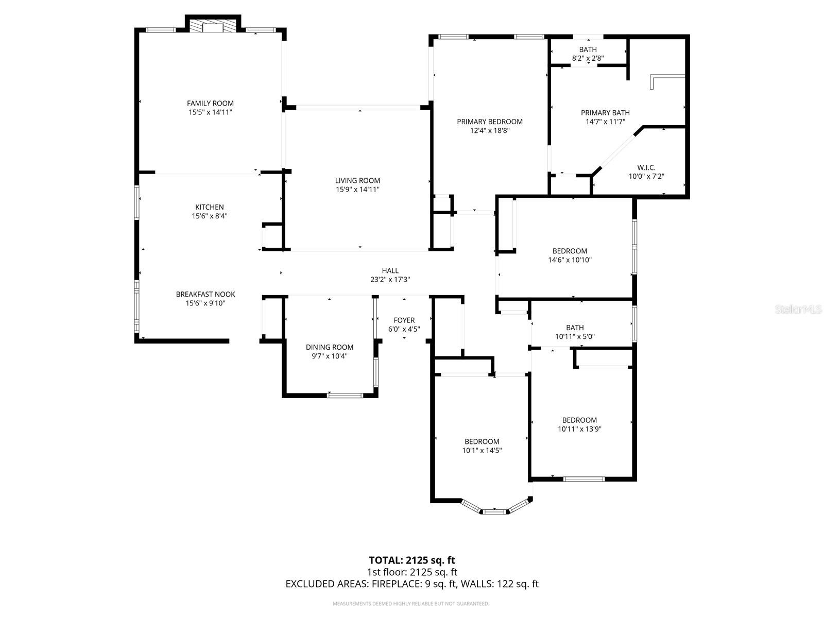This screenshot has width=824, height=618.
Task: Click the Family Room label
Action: pyautogui.click(x=210, y=103)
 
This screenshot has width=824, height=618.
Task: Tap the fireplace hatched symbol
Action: pyautogui.click(x=213, y=26)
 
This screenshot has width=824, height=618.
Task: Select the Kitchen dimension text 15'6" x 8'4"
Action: pyautogui.click(x=210, y=216)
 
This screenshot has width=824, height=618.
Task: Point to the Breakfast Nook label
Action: pyautogui.click(x=205, y=294)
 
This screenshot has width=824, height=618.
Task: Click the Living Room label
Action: pyautogui.click(x=357, y=180)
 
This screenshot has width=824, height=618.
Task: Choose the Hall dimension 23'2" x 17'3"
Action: pyautogui.click(x=390, y=280)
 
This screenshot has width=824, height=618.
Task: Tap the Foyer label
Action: pyautogui.click(x=404, y=320)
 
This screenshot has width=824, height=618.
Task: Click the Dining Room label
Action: pyautogui.click(x=329, y=347)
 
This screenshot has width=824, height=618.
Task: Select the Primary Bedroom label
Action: pyautogui.click(x=490, y=122)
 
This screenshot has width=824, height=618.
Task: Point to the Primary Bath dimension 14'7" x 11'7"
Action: pyautogui.click(x=605, y=122)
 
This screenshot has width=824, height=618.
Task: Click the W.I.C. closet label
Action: pyautogui.click(x=646, y=167)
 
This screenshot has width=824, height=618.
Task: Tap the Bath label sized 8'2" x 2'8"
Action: pyautogui.click(x=588, y=49)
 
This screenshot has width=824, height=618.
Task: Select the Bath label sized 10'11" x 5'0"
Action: pyautogui.click(x=575, y=328)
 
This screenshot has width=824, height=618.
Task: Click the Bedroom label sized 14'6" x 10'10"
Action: pyautogui.click(x=570, y=251)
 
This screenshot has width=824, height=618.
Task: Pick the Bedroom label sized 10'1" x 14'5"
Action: pyautogui.click(x=482, y=442)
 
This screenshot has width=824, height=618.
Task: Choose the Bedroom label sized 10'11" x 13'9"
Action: pyautogui.click(x=579, y=420)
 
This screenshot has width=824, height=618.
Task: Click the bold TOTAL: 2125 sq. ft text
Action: pyautogui.click(x=412, y=560)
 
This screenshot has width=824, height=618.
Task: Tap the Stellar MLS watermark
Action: pyautogui.click(x=798, y=309)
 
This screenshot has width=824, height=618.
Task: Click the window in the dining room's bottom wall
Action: pyautogui.click(x=345, y=395)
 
